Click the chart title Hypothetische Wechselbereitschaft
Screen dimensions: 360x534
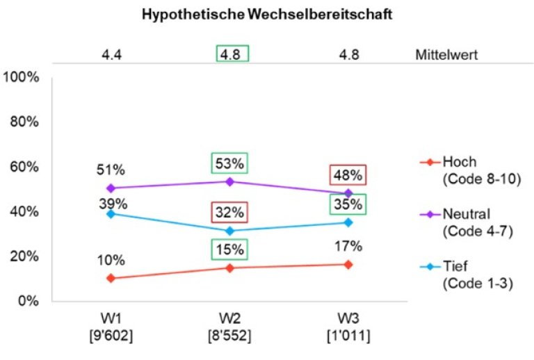tap(267, 15)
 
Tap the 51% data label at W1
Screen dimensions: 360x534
tap(111, 171)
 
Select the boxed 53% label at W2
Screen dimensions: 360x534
tap(229, 164)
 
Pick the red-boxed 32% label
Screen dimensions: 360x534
tap(229, 212)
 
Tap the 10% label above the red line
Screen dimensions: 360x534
tap(111, 261)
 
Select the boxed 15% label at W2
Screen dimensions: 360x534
tap(229, 249)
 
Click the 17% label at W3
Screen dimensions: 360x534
tap(348, 245)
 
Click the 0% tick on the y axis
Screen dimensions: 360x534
tap(28, 301)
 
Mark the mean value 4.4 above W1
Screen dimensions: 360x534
tap(111, 54)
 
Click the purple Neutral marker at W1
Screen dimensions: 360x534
tap(111, 188)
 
